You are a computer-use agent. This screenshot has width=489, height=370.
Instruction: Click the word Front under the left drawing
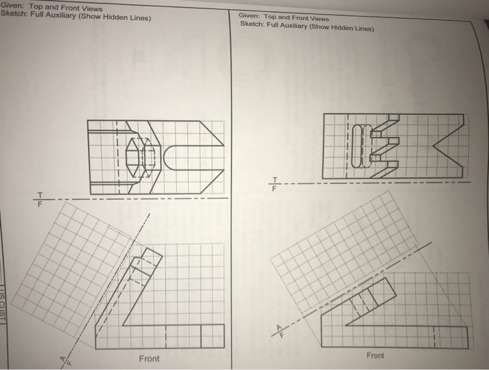tap(149, 359)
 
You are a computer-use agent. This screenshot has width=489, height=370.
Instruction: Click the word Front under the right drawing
tap(375, 355)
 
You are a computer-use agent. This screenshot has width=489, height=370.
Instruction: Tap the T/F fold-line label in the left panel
tap(40, 198)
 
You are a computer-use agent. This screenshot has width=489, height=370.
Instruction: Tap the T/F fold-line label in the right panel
tap(275, 183)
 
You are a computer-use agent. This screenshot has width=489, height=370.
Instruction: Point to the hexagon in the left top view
tap(137, 156)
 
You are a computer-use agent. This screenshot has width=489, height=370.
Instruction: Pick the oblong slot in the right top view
tap(358, 145)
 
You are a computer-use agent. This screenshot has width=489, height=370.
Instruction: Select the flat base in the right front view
tap(398, 336)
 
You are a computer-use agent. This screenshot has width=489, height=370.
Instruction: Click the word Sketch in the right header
tap(251, 24)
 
